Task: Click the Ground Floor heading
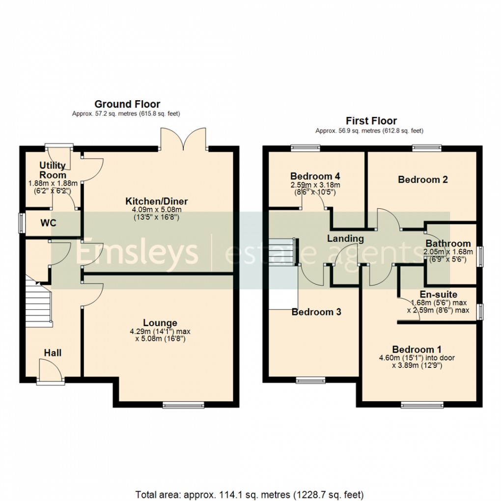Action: click(x=127, y=104)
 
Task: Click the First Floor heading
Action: click(x=371, y=121)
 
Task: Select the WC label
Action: click(x=48, y=223)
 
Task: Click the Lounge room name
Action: click(x=160, y=323)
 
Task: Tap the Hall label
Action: click(x=53, y=353)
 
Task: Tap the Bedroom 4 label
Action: click(x=315, y=176)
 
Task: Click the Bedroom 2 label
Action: click(x=422, y=180)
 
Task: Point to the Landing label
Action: click(x=346, y=239)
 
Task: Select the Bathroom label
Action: click(x=448, y=244)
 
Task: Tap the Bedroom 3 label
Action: click(x=316, y=312)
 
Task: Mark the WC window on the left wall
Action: click(x=21, y=223)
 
